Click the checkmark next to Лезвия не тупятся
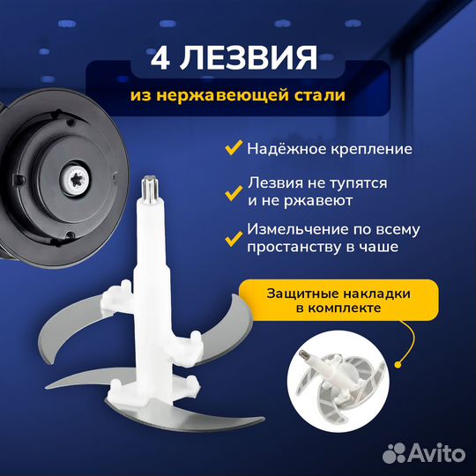click(x=233, y=190)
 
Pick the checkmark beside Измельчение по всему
click(x=233, y=238)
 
